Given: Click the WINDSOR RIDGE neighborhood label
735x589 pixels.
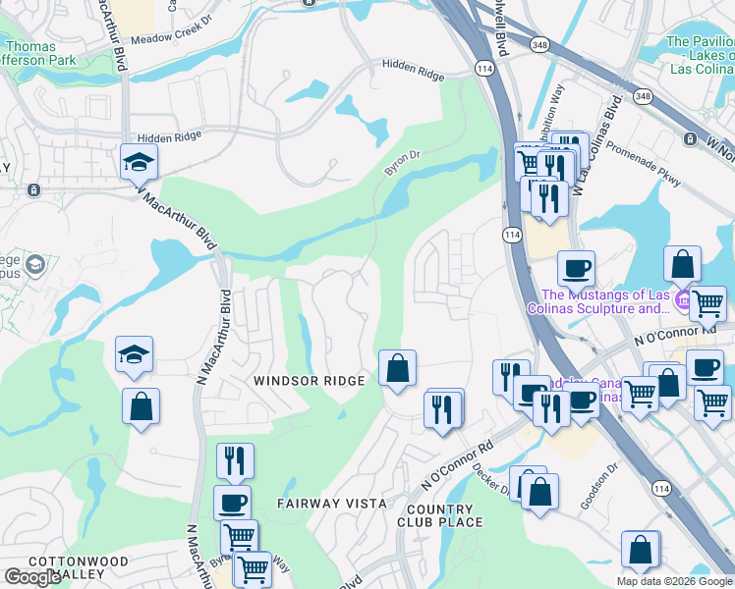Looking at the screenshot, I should (310, 380).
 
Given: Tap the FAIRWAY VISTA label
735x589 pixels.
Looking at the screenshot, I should (332, 503).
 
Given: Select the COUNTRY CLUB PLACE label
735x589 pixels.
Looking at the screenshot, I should (444, 515).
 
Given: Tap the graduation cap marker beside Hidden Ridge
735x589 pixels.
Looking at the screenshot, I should (139, 162).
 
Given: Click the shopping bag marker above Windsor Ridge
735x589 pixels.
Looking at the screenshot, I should (397, 369).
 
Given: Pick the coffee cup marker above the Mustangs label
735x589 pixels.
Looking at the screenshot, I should (576, 267).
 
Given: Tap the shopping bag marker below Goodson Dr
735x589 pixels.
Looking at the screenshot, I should (641, 550).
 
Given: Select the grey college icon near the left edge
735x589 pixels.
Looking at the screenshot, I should (35, 265).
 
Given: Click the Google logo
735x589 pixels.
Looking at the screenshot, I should (32, 577).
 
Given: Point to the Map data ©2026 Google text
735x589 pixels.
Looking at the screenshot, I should (674, 581).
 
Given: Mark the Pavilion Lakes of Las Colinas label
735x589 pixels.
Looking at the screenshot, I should (700, 55).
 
